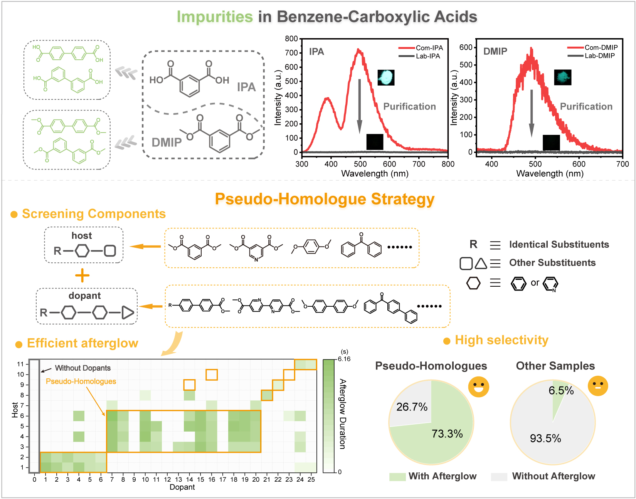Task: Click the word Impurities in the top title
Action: (215, 17)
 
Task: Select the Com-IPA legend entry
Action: (429, 48)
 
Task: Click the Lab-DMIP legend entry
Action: (599, 56)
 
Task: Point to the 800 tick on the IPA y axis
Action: (291, 39)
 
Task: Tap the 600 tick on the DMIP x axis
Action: (579, 164)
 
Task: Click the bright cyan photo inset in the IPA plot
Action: (386, 77)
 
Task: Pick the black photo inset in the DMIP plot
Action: (551, 143)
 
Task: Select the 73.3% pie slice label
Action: (447, 434)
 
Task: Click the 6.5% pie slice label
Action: (561, 391)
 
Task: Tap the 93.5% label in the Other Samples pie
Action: (545, 439)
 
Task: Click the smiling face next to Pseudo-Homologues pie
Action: (479, 386)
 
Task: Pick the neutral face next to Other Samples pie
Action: (598, 386)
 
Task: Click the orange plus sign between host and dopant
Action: (82, 276)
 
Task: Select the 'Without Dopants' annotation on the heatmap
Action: (82, 368)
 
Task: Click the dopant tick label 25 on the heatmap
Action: (311, 480)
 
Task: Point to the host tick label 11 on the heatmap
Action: (20, 364)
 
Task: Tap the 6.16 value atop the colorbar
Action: (344, 359)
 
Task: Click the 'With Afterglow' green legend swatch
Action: (397, 477)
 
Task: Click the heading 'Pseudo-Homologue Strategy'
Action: (325, 199)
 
